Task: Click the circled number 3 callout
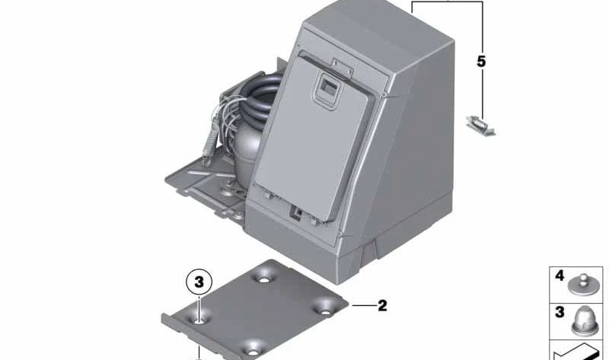coord(199,282)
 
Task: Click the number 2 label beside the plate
coord(382,306)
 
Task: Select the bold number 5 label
coord(481,62)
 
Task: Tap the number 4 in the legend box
coord(560,276)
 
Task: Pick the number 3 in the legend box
coord(560,312)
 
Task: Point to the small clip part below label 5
coord(480,126)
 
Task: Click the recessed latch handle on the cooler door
coord(327,90)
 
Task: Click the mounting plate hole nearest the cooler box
coord(264,279)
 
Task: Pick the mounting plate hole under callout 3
coord(199,321)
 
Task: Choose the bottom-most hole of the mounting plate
coord(253,352)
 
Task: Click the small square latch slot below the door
coord(298,212)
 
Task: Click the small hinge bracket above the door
coord(342,67)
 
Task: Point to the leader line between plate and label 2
coord(364,306)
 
